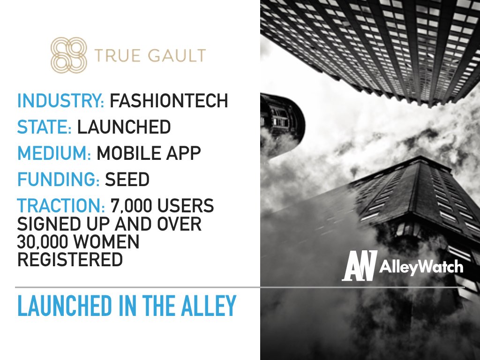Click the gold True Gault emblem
(68, 55)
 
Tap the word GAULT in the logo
(177, 55)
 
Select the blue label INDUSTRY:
(60, 100)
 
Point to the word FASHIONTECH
(169, 100)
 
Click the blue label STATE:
(45, 127)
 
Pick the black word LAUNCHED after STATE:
(124, 127)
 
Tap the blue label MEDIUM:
(54, 153)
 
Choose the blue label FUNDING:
(58, 179)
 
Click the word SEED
(127, 179)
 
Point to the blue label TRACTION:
(61, 205)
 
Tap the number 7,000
(131, 206)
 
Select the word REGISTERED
(70, 259)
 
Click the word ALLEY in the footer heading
(209, 306)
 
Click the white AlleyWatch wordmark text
(421, 267)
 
